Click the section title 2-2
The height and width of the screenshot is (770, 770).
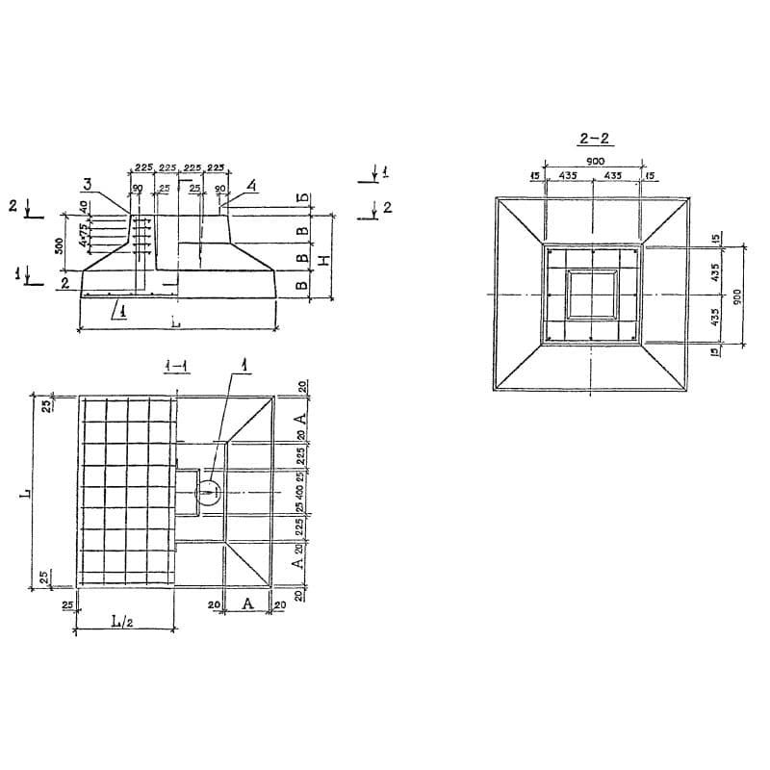click(590, 139)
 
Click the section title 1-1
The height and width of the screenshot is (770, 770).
click(174, 365)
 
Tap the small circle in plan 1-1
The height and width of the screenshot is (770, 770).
click(208, 493)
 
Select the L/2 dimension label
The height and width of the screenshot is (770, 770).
click(121, 622)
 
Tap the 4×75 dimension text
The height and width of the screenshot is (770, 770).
click(86, 233)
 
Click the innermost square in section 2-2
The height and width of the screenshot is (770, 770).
click(592, 294)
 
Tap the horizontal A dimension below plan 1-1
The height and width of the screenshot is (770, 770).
click(246, 603)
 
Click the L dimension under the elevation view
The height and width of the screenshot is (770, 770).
click(175, 322)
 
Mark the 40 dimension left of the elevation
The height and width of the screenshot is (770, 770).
click(84, 207)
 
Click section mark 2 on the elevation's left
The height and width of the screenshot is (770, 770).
click(13, 205)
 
